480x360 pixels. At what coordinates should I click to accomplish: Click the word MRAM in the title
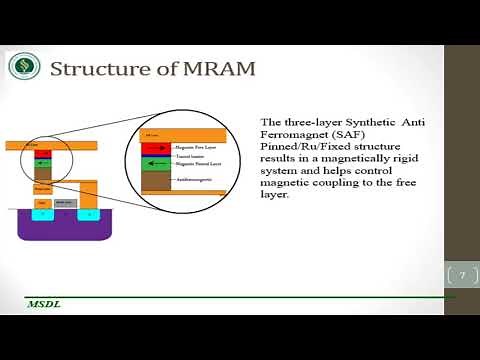217,69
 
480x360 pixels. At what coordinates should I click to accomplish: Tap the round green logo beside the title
24,67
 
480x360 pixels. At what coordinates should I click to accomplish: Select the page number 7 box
462,275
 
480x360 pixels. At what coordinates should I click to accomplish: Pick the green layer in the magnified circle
157,163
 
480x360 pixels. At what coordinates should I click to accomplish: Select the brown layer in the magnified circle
157,179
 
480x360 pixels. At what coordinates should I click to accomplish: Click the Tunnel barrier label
191,156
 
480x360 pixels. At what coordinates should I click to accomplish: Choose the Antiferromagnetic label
197,179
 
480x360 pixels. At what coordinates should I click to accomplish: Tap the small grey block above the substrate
63,203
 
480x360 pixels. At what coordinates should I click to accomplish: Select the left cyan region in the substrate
42,213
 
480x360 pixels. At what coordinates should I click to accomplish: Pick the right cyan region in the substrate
89,213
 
